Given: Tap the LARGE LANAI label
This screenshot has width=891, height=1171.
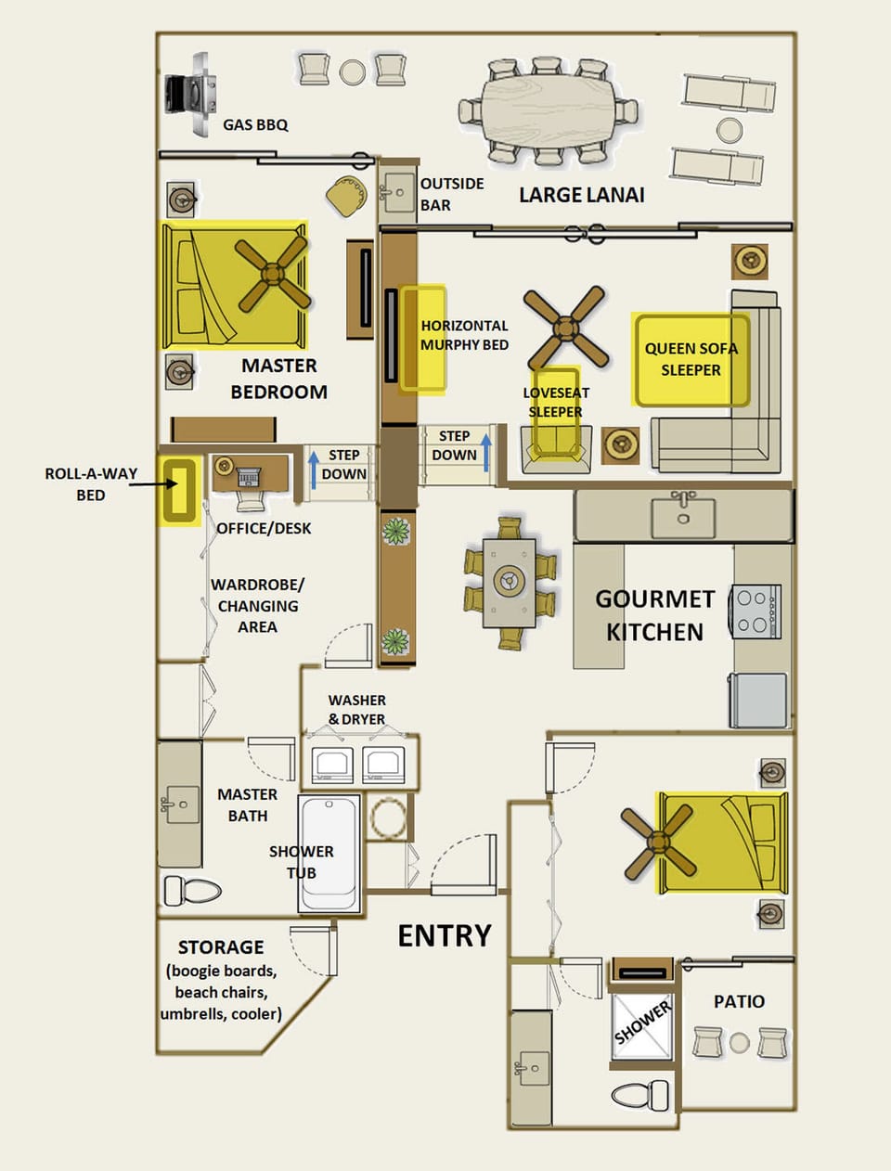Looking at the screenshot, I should tap(581, 195).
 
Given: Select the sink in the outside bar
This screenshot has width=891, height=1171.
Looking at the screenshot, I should tap(399, 192).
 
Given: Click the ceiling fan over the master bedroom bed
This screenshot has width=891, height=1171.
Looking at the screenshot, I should tap(272, 274).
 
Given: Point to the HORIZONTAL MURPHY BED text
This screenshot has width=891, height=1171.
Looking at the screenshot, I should tap(464, 335).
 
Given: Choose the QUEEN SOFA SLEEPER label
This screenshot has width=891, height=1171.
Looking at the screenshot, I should tap(691, 359).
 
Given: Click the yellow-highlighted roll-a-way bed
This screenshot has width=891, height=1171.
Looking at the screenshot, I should tap(178, 491).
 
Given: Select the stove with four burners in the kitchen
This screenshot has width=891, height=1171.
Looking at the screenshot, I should tap(757, 611).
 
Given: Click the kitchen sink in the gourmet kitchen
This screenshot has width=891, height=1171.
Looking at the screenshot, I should tap(683, 516).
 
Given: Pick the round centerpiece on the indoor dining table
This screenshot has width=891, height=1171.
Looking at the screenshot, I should tap(509, 581).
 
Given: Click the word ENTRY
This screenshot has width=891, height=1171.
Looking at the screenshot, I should tap(445, 936).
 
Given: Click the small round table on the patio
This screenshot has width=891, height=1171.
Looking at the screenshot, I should tap(739, 1043).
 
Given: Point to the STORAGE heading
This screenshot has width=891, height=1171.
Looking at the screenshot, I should tap(221, 947).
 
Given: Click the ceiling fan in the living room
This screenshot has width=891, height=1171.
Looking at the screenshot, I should tap(565, 328).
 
